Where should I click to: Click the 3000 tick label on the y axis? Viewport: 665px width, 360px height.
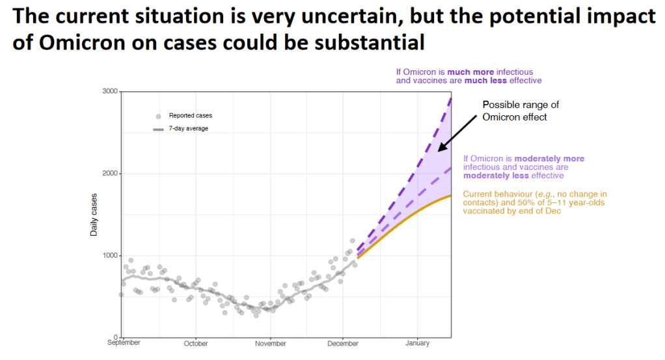coord(109,91)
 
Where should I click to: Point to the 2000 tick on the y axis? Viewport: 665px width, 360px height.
coord(109,173)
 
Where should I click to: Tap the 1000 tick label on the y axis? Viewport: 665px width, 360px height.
coord(109,255)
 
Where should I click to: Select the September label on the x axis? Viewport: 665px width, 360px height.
coord(124,343)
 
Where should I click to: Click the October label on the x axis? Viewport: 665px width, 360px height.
coord(196,344)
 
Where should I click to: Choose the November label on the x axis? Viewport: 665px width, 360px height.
coord(271,344)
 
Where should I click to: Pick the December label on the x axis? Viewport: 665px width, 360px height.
coord(342,344)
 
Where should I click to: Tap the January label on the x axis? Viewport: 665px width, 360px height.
coord(417,343)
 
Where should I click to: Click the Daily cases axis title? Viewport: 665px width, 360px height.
coord(94,214)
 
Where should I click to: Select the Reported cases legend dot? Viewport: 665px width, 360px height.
coord(158,116)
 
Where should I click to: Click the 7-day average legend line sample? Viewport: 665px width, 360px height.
coord(158,129)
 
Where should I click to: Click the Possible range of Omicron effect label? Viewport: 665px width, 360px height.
coord(520,111)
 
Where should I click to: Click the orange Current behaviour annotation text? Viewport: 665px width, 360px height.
coord(534,202)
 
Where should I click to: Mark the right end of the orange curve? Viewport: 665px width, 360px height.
coord(451,195)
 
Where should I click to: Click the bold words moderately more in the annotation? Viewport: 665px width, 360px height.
coord(549,158)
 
